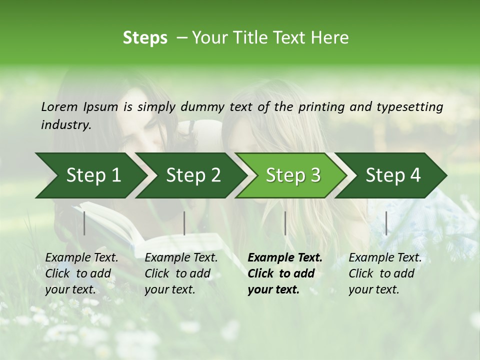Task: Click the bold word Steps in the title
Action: click(x=145, y=38)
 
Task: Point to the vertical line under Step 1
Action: click(x=84, y=223)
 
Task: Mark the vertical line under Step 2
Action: click(x=184, y=223)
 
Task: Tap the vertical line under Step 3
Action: click(x=285, y=223)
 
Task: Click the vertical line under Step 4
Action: click(x=386, y=223)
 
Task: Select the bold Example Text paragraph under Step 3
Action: click(x=284, y=273)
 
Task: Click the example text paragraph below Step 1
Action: click(x=81, y=273)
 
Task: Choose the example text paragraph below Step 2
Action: click(x=181, y=273)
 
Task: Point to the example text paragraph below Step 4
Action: click(x=385, y=273)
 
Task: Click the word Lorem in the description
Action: click(x=59, y=106)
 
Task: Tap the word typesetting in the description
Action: click(x=409, y=106)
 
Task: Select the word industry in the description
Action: click(x=65, y=125)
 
